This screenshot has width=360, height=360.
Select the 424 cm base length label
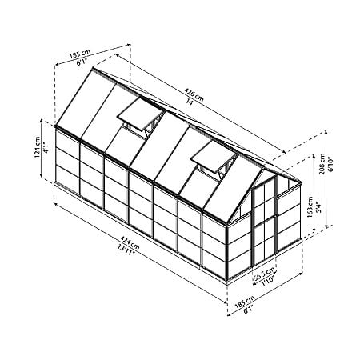click(130, 242)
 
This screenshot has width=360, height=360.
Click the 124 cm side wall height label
click(38, 147)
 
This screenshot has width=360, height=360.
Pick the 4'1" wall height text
click(46, 148)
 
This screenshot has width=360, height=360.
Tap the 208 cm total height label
click(322, 164)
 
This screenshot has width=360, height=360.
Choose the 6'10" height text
click(331, 164)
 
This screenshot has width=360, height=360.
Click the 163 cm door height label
click(310, 207)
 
